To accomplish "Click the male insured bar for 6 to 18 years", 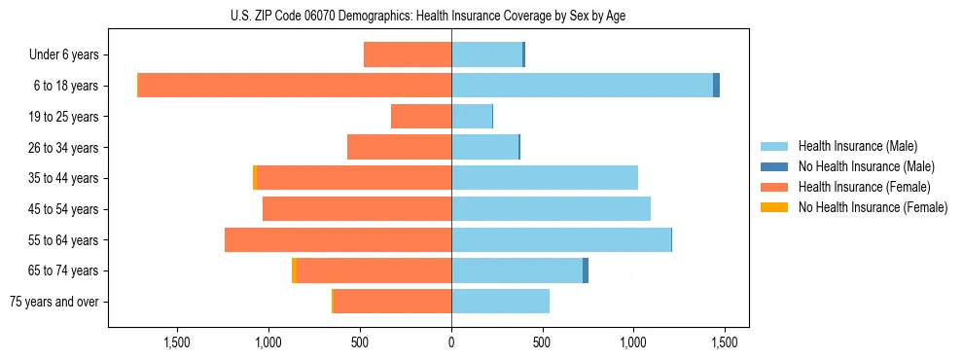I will tap(582, 86).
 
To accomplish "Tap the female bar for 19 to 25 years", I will tap(421, 117).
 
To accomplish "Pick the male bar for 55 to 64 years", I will tap(561, 240).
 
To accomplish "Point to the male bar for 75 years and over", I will tap(500, 302).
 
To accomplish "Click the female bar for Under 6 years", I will tap(408, 54).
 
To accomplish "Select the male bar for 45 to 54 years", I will tap(551, 209).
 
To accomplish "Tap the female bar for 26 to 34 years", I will tap(399, 147).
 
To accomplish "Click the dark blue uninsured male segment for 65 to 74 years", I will tap(586, 270).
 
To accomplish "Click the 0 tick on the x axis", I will tap(451, 342).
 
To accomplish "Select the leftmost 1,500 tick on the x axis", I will tap(177, 342).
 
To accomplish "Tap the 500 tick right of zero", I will tap(543, 342).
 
